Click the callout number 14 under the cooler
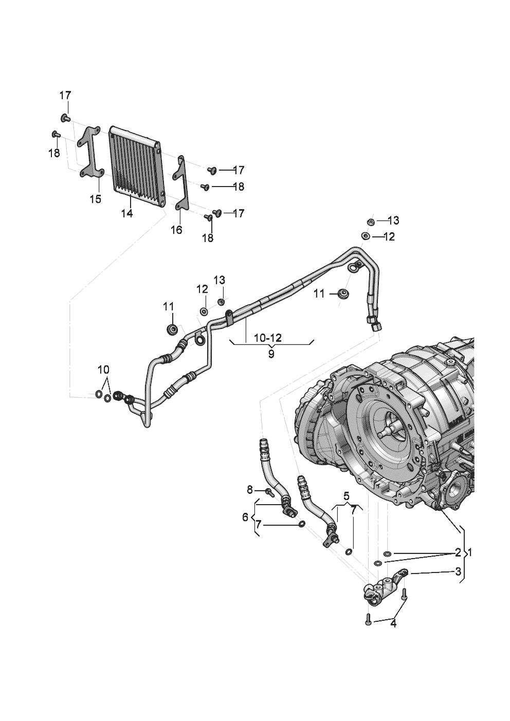pos(127,213)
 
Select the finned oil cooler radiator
pos(137,166)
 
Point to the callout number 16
pos(177,230)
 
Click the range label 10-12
pos(267,338)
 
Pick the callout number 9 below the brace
pos(271,354)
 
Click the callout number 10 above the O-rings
pos(103,369)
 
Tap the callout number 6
pos(245,517)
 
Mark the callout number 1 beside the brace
pos(470,553)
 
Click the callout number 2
pos(458,553)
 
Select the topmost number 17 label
pos(65,95)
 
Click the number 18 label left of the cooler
pos(54,153)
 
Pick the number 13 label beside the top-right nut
pos(393,220)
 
